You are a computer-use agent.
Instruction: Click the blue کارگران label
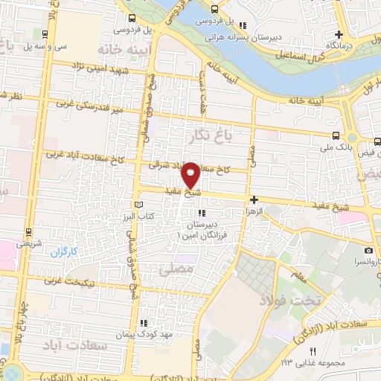[64, 252]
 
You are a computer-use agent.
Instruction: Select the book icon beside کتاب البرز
[136, 204]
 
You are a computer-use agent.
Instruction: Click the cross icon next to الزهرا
[254, 199]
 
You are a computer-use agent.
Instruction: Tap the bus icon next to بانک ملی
[336, 136]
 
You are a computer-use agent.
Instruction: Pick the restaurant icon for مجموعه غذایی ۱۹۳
[313, 350]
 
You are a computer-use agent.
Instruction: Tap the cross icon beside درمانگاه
[339, 34]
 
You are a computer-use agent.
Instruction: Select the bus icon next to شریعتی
[28, 232]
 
